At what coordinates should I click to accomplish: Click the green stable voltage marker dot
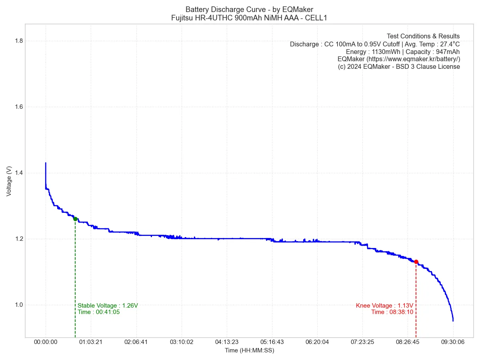tap(75, 219)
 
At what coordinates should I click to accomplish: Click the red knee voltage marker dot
tap(416, 262)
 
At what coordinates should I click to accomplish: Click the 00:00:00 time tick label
tap(46, 342)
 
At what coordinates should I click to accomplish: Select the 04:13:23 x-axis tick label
tap(226, 342)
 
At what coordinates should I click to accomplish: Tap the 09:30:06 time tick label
tap(453, 342)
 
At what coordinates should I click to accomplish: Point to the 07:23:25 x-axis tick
tap(362, 342)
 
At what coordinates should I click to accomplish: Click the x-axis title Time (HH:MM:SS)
tap(249, 350)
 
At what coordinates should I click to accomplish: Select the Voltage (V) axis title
tap(9, 181)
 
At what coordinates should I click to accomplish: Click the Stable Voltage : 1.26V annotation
tap(108, 306)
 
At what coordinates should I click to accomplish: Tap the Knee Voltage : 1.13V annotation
tap(384, 306)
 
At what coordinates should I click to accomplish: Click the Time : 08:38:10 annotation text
tap(392, 312)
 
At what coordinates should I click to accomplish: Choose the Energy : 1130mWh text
tap(371, 52)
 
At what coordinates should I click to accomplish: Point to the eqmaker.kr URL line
tap(399, 59)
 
